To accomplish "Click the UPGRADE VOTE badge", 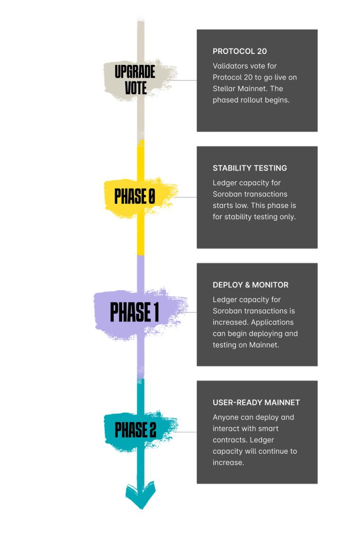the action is coord(135,80).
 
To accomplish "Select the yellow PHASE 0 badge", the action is coord(136,196).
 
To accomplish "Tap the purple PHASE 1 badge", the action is coord(135,312).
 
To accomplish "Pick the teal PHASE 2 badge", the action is coord(136,430).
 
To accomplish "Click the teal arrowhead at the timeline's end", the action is coord(140,495).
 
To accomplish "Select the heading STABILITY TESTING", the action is coord(250,168).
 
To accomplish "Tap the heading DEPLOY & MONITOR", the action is coord(250,285).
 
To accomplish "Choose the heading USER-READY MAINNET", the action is coord(256,403).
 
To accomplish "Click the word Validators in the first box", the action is coord(230,66).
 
